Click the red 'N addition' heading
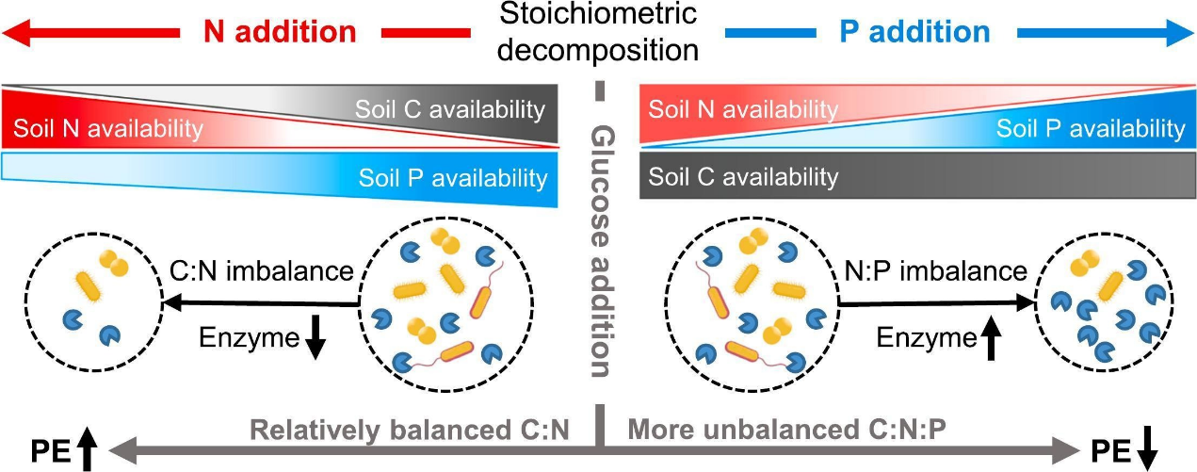click(280, 32)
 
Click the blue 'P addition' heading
click(914, 32)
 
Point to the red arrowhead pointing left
click(21, 33)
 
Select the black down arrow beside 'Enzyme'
click(315, 342)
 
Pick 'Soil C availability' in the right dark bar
click(743, 176)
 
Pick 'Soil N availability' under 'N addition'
click(102, 128)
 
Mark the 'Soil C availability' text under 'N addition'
click(450, 108)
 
